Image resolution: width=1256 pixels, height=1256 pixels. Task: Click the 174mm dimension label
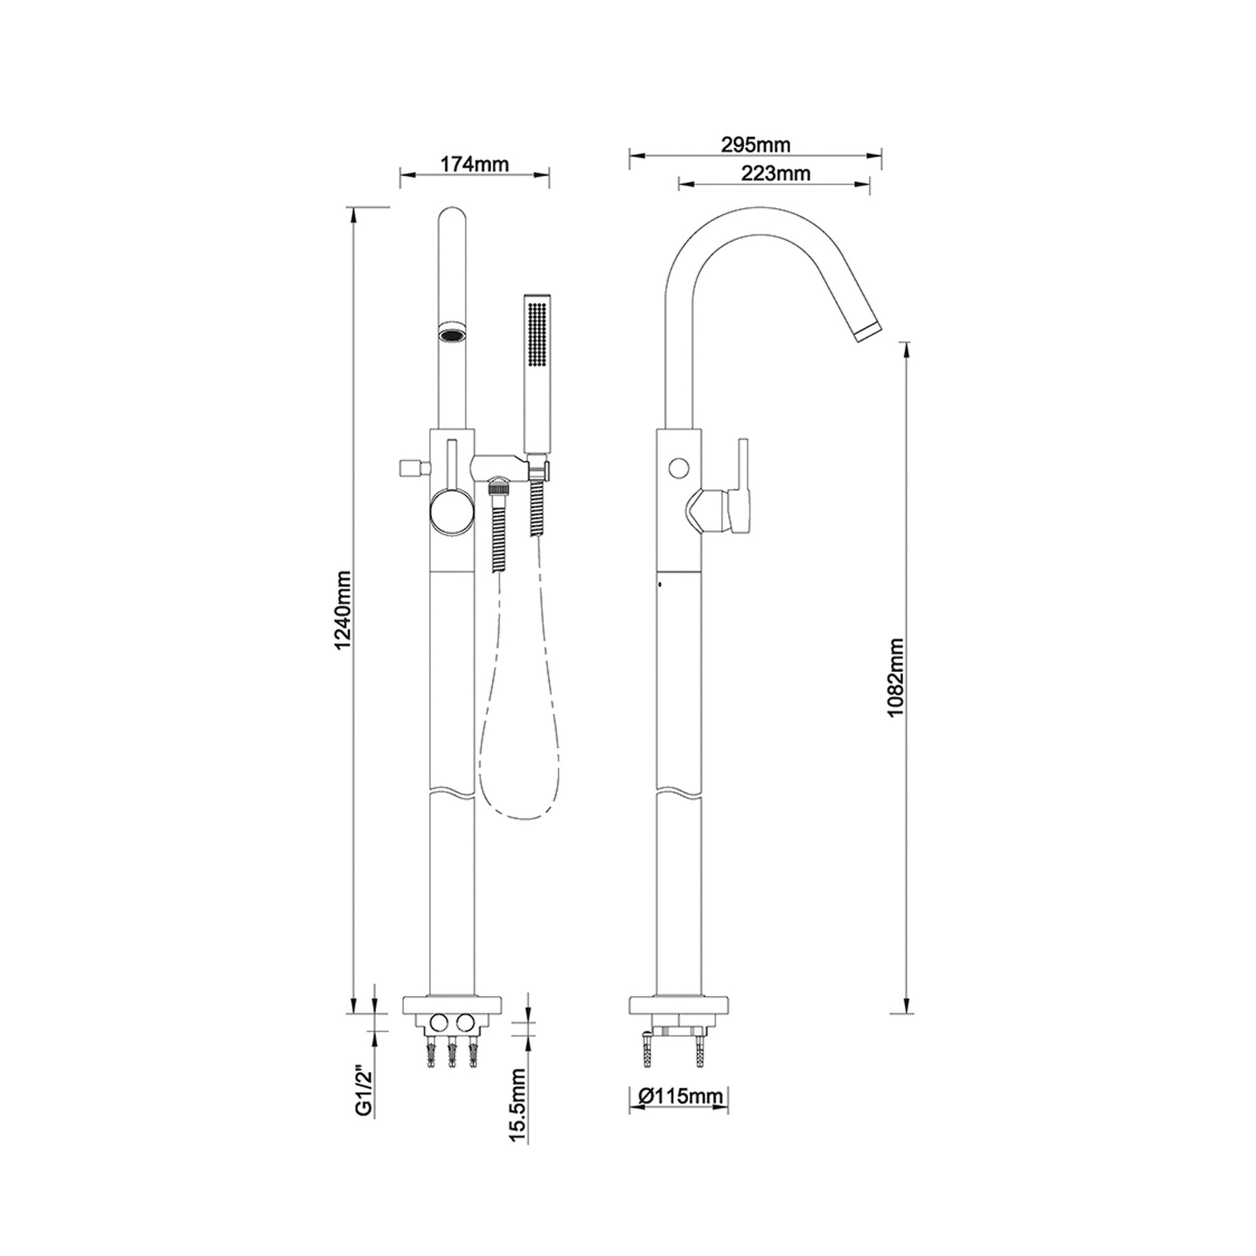pos(474,165)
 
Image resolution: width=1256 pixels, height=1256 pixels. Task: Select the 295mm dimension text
pos(755,145)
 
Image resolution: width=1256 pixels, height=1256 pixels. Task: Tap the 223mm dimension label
pos(775,174)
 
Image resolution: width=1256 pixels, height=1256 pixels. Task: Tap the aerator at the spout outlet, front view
pos(452,334)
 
